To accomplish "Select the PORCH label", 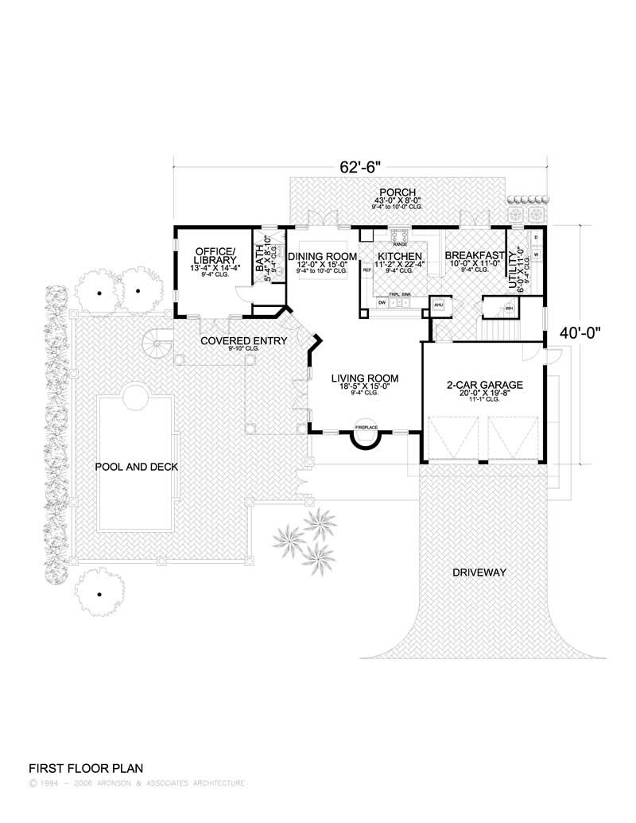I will click(394, 192).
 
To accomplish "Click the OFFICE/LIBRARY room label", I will click(215, 254).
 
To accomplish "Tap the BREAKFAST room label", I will click(475, 256).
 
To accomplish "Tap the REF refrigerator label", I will click(367, 271).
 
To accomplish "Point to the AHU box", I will click(437, 306).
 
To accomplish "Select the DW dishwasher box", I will click(382, 303).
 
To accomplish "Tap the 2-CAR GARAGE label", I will click(483, 385).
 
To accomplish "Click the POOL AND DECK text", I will click(136, 467).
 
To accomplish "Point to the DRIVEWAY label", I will click(479, 573).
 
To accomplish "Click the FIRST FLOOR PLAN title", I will click(85, 769).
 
